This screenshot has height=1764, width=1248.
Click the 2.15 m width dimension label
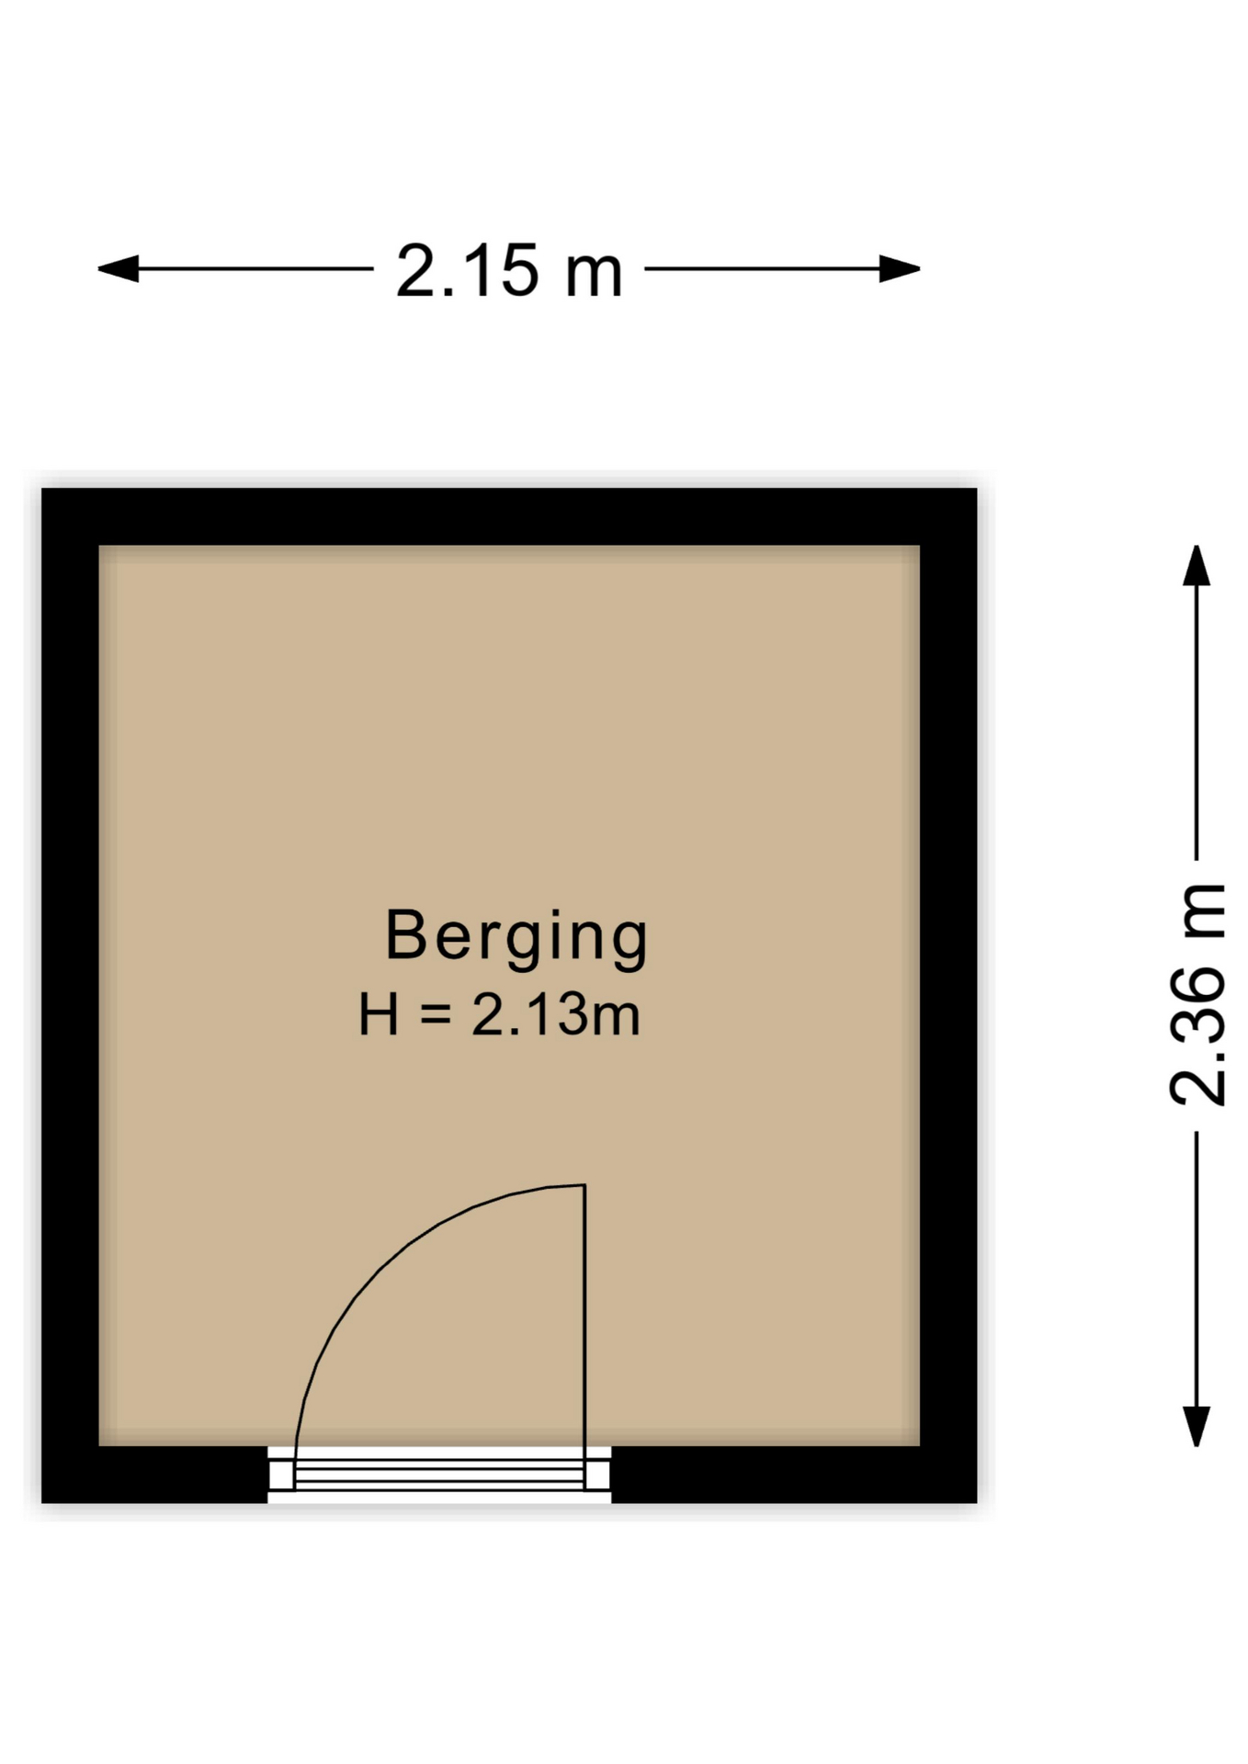[509, 271]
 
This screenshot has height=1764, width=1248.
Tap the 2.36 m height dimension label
[1197, 994]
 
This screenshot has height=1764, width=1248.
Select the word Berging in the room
[516, 936]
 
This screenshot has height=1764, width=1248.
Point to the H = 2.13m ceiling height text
[499, 1015]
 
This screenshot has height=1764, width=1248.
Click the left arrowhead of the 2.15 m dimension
[119, 269]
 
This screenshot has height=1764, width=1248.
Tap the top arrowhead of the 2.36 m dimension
[1196, 565]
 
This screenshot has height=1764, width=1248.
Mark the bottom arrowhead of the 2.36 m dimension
[1196, 1426]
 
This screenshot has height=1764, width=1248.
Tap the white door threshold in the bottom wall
[439, 1474]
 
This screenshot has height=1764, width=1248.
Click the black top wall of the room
[509, 516]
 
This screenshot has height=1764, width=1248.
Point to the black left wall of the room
[70, 992]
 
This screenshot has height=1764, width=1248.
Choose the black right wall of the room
[948, 992]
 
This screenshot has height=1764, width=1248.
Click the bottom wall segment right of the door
[792, 1474]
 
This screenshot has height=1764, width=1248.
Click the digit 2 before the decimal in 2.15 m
[415, 271]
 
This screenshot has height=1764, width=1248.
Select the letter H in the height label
[379, 1015]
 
